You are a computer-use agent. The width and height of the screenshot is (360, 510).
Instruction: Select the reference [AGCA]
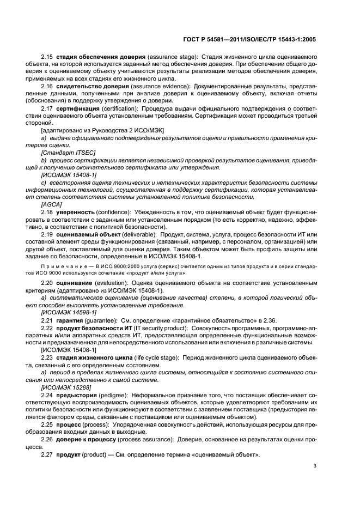tap(51, 203)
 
